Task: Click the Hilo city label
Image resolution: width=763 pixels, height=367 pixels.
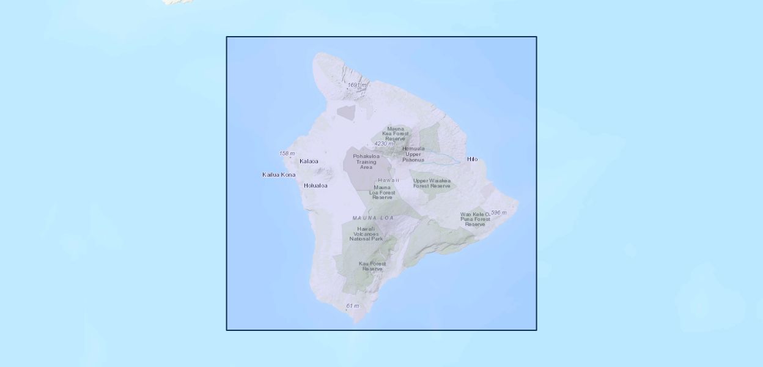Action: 472,160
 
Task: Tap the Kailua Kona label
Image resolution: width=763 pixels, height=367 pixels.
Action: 279,175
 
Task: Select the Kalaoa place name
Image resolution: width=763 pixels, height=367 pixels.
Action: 309,161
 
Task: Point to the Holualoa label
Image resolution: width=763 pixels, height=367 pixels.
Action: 315,186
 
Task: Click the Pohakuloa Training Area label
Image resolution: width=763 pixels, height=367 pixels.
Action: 366,161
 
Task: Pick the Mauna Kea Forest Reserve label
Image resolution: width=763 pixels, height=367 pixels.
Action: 395,134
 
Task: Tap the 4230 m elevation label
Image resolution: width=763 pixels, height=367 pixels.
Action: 385,144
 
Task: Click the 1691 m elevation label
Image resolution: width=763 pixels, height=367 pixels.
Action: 357,85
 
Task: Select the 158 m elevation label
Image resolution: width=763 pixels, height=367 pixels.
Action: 287,154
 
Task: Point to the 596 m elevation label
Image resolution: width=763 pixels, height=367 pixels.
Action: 499,213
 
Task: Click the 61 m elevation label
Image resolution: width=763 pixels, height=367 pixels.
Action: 353,306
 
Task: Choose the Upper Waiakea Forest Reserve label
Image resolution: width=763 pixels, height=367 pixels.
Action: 432,183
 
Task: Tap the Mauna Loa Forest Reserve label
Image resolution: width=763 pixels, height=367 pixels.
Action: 382,193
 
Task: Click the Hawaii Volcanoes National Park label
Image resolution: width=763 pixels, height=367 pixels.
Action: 366,234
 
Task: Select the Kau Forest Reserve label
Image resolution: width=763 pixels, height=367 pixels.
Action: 372,266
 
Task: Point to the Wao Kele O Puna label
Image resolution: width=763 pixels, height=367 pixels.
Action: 475,219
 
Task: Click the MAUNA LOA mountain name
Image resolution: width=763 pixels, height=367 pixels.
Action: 373,218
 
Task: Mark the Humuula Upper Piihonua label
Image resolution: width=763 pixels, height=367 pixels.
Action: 413,154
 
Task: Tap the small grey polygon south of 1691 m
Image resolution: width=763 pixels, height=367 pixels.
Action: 346,112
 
